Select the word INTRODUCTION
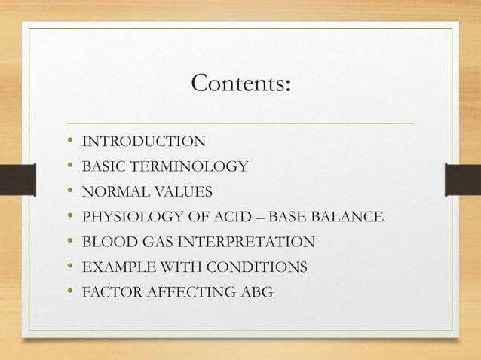143,141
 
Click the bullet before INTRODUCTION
69,141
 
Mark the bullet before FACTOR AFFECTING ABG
69,292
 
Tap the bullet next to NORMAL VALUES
69,192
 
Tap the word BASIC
103,166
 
